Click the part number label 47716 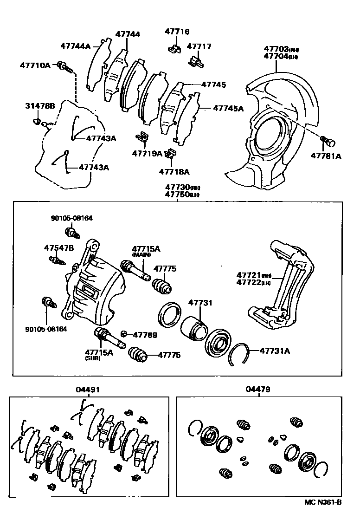177,32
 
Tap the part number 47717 199,46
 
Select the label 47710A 35,65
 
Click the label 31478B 40,106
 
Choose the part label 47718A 174,171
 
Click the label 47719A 147,153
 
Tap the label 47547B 59,248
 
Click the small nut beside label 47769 123,334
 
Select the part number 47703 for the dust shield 276,49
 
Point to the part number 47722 249,282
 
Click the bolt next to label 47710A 64,67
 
